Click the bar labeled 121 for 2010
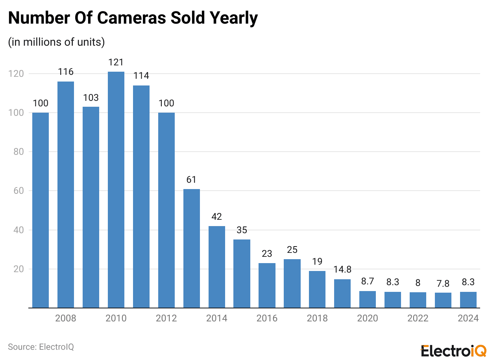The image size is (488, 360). [116, 189]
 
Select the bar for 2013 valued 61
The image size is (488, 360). [191, 248]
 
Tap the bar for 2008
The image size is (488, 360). [66, 195]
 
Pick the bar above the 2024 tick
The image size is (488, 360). [468, 300]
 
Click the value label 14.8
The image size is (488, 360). [342, 269]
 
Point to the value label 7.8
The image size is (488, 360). [443, 283]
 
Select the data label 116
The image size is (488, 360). [66, 72]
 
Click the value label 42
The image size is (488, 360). [216, 216]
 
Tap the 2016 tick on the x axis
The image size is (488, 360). [267, 318]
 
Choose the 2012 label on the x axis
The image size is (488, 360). [166, 318]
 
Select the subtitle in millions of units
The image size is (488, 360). [56, 42]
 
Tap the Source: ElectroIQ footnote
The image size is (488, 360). [41, 347]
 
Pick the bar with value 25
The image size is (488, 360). [292, 283]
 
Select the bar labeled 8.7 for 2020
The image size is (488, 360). [367, 299]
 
